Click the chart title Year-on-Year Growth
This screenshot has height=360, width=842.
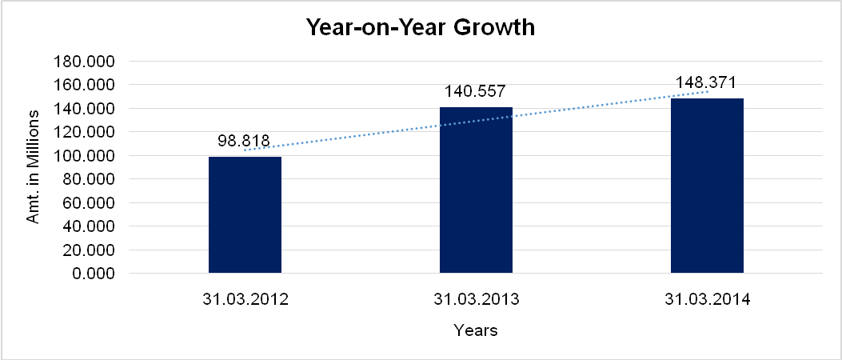(421, 26)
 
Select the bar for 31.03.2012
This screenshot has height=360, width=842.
(245, 215)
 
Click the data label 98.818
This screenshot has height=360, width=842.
(244, 142)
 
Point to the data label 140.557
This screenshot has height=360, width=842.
(476, 92)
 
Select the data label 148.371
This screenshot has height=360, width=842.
(706, 82)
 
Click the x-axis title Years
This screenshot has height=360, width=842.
(476, 330)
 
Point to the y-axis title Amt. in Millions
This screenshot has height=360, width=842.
(34, 167)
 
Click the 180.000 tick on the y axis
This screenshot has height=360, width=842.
(83, 62)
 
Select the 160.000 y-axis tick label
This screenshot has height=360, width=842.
(83, 85)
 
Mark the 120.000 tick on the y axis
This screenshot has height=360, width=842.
(83, 132)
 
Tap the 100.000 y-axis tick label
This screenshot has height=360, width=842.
(83, 156)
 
